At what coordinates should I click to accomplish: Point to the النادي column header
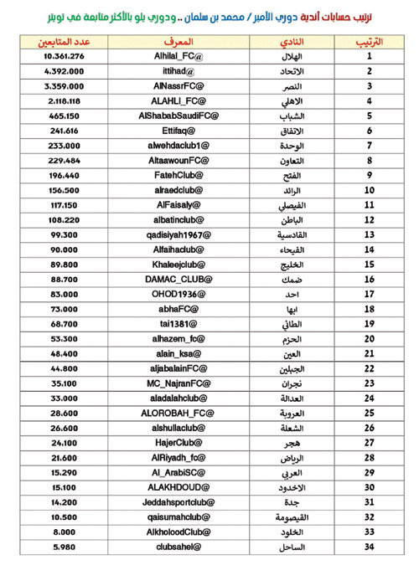pos(290,41)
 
